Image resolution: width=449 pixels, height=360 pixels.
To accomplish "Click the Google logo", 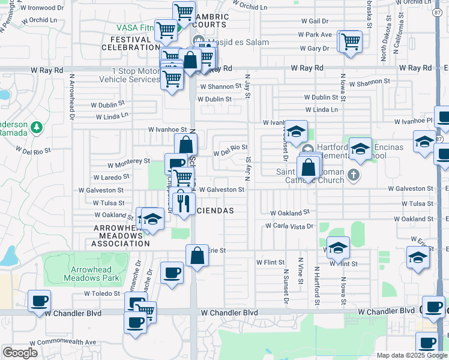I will coord(20,352).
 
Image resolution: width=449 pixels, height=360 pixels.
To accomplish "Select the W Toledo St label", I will coord(103,294).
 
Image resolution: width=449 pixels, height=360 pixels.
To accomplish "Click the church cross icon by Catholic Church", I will coord(354,175).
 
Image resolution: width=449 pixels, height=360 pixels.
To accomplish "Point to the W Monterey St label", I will coord(129,161).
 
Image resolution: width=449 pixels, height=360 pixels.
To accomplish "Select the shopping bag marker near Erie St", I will coord(197,256).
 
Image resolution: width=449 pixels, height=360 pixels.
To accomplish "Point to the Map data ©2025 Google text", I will coord(412,355).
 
